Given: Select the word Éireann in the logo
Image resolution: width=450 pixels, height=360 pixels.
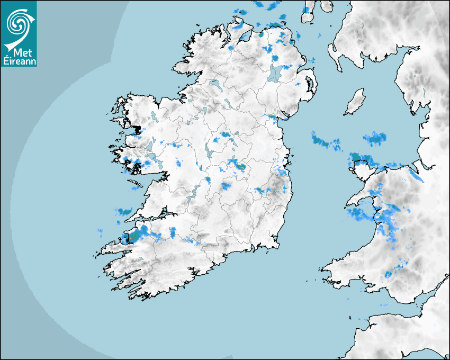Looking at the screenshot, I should (x=19, y=61).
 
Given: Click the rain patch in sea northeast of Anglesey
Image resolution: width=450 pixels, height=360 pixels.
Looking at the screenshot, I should (x=375, y=139).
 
